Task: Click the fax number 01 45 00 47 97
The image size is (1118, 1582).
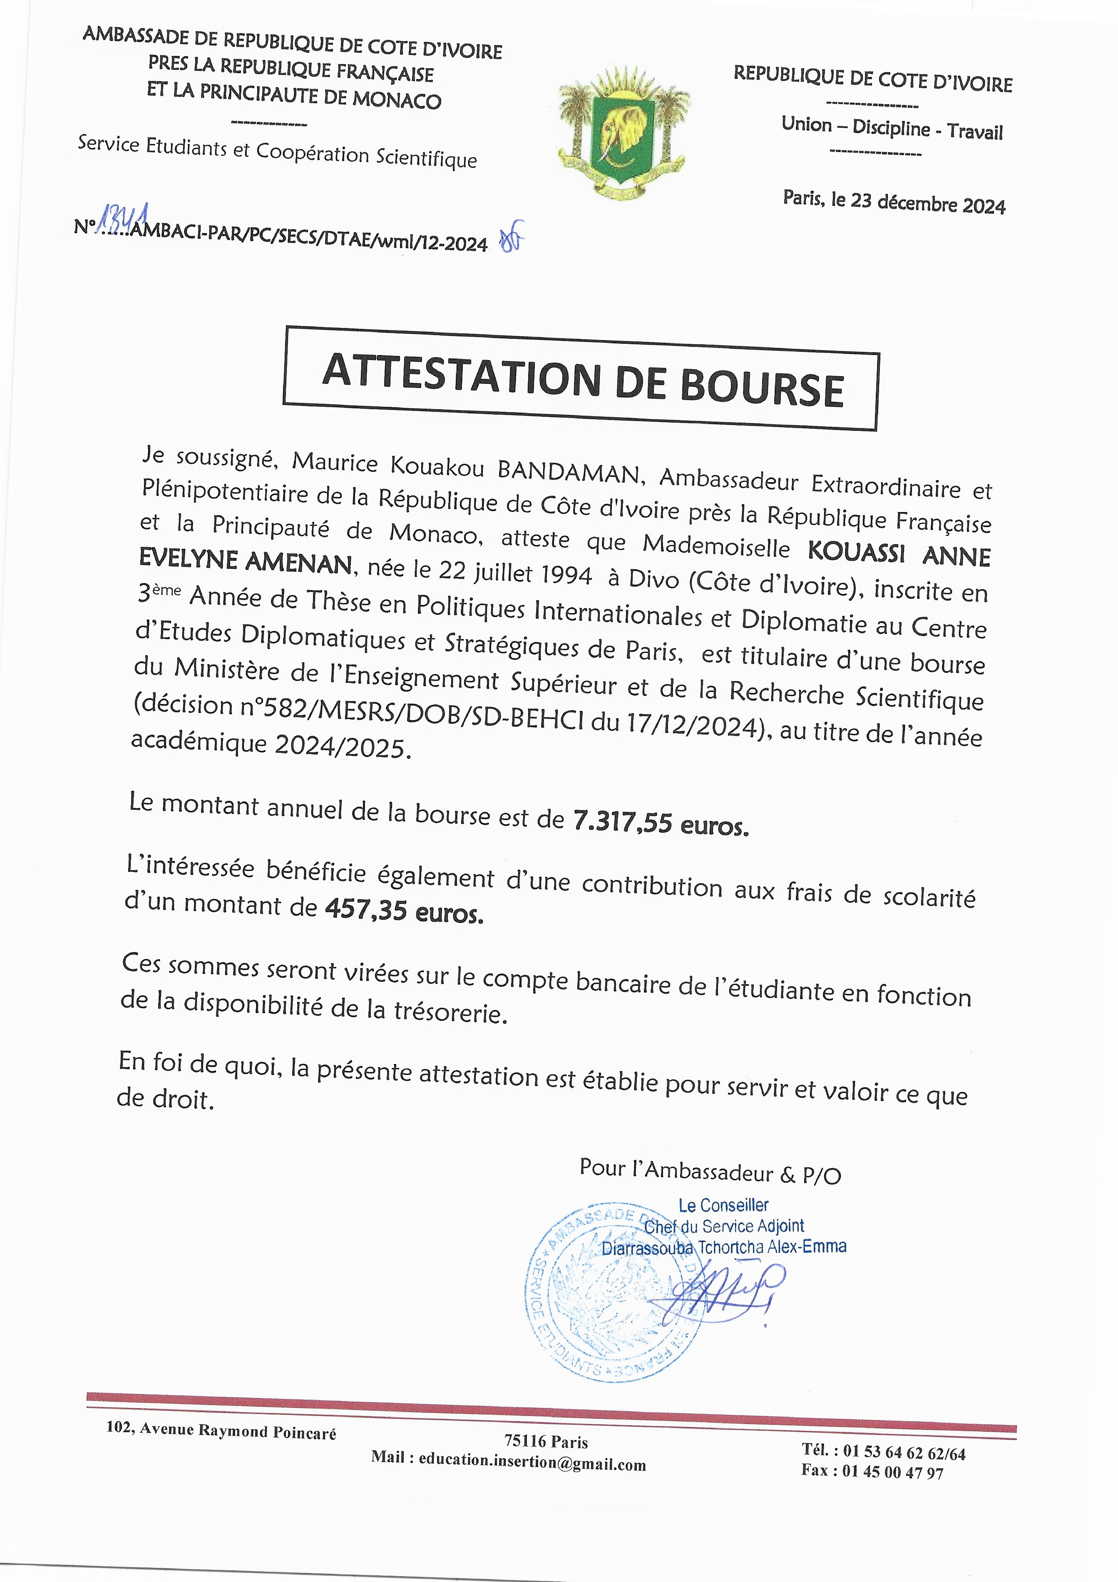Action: tap(892, 1472)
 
